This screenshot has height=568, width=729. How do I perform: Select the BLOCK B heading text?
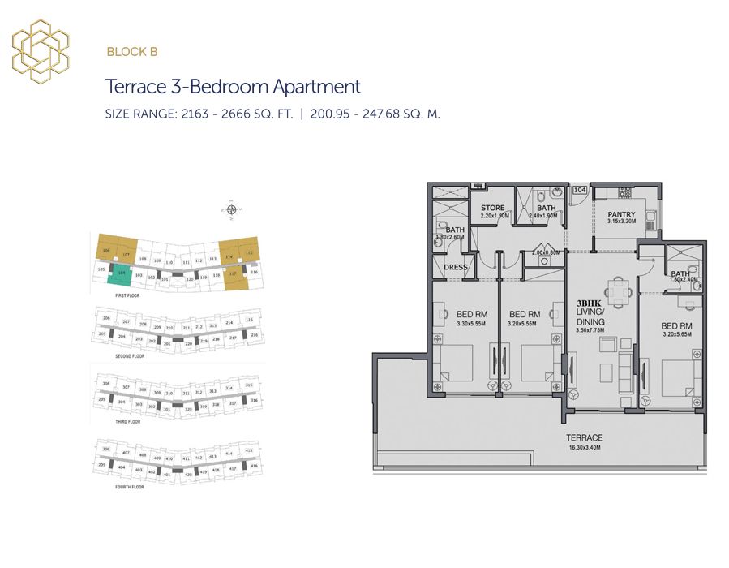[131, 52]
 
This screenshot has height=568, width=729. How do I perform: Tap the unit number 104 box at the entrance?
[580, 190]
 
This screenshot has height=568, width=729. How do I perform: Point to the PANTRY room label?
[621, 215]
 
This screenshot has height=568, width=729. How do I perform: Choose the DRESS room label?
[454, 266]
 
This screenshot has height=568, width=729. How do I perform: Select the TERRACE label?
[585, 437]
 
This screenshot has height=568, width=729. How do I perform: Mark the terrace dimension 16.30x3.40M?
[585, 447]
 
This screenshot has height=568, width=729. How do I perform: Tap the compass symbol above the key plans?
[233, 210]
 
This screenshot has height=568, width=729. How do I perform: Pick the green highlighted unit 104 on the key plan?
[121, 274]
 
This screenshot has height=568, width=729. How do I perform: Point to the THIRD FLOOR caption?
[128, 422]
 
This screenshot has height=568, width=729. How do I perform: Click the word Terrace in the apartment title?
[135, 87]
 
